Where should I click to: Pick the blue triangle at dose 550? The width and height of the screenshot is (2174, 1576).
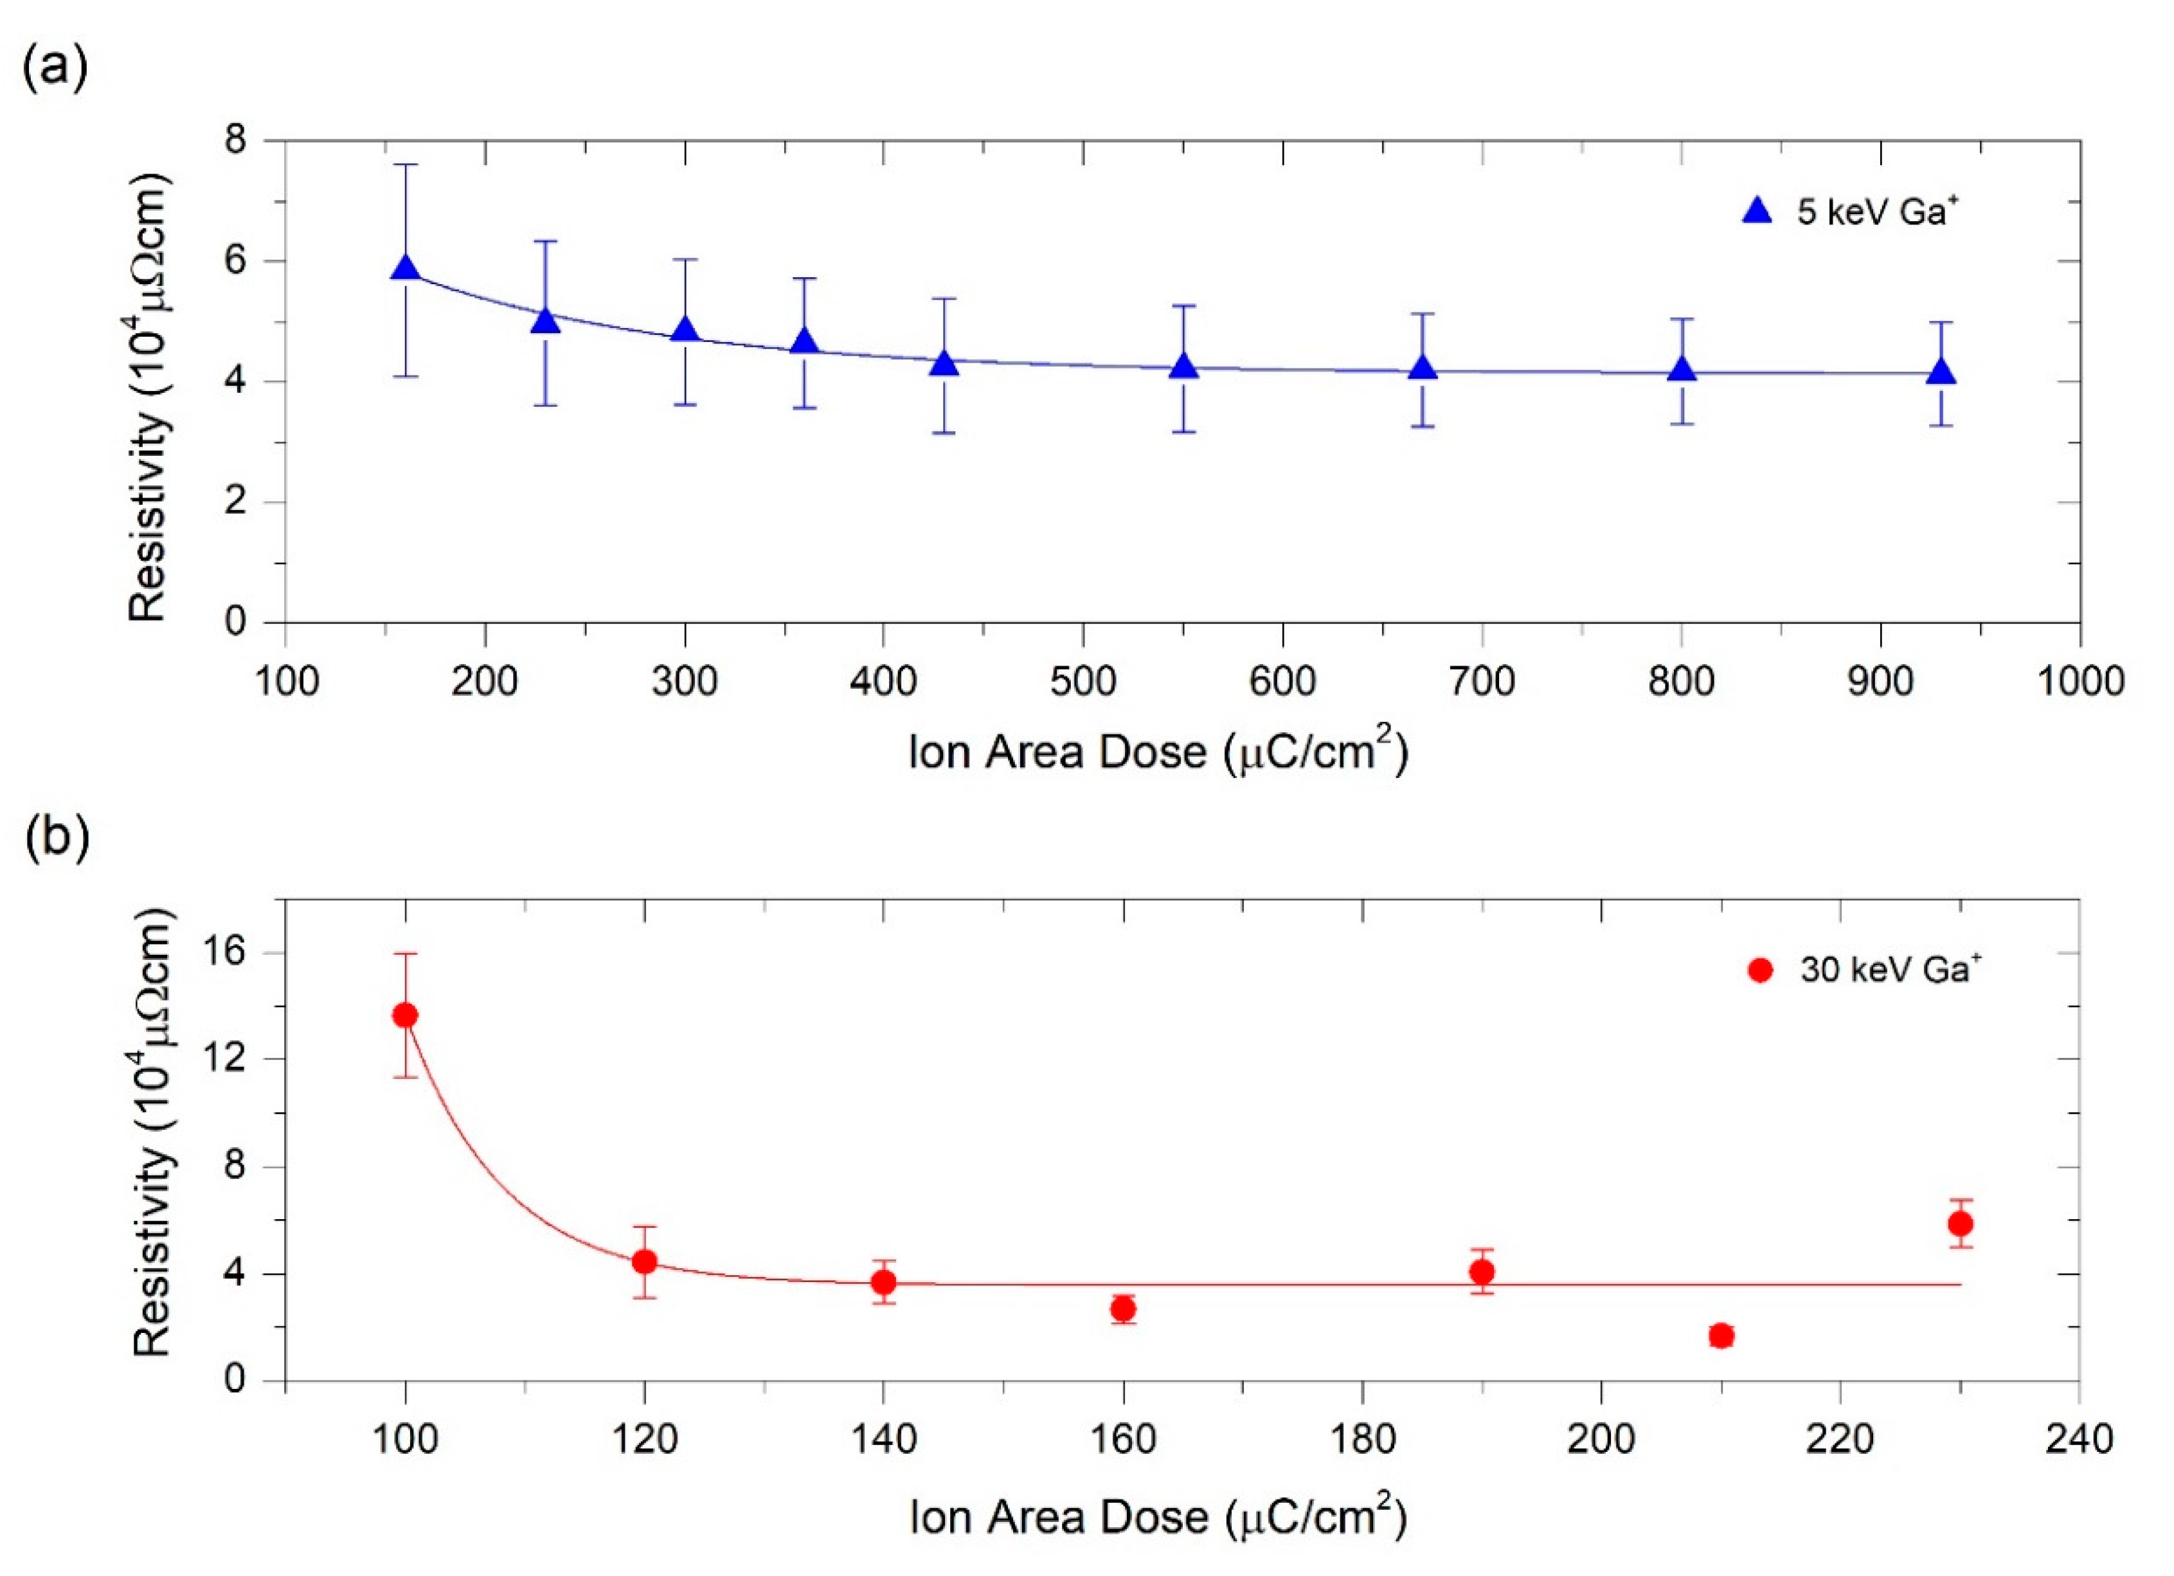point(1184,367)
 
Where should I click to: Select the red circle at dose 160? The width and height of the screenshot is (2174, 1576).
point(1124,1309)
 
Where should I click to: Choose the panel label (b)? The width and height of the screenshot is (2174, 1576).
point(55,836)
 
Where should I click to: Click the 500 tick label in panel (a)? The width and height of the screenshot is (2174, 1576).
point(1083,682)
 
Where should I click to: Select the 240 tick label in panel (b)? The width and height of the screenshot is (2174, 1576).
point(2078,1440)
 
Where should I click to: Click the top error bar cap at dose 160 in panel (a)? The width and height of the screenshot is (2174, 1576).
point(406,165)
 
